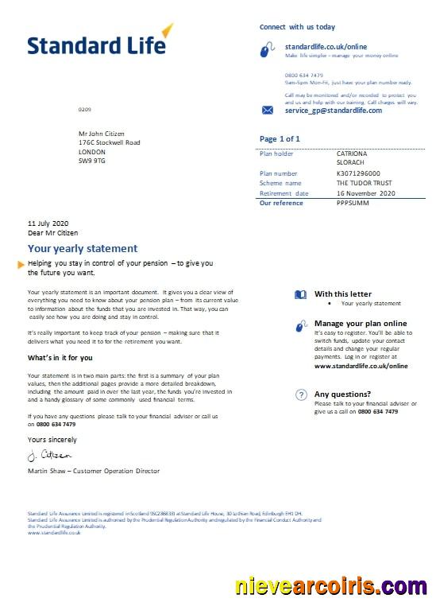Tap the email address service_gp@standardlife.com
point(333,111)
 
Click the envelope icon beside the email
point(268,111)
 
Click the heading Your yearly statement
point(83,249)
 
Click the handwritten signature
point(49,456)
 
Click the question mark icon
point(301,394)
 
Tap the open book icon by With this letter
point(300,294)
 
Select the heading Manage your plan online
point(361,324)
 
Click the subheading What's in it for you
point(60,358)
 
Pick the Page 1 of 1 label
point(280,139)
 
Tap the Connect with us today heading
point(297,27)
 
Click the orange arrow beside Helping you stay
point(21,263)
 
